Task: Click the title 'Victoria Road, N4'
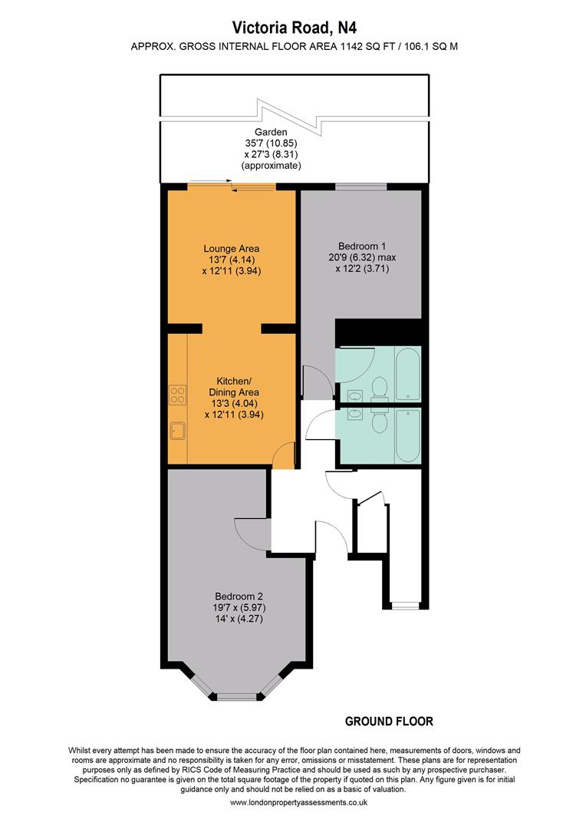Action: tap(293, 28)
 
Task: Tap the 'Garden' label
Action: tap(271, 132)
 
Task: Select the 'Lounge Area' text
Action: tap(231, 248)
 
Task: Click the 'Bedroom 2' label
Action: tap(239, 596)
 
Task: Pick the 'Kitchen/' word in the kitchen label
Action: tap(233, 381)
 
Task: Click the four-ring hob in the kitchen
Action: tap(177, 395)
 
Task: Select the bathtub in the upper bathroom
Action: tap(408, 375)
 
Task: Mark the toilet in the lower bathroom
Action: tap(379, 421)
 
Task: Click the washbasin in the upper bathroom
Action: tap(354, 396)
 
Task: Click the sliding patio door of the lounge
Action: tap(232, 186)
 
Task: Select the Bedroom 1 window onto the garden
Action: tap(361, 186)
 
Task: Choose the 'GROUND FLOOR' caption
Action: tap(389, 722)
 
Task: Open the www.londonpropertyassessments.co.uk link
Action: tap(298, 802)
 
